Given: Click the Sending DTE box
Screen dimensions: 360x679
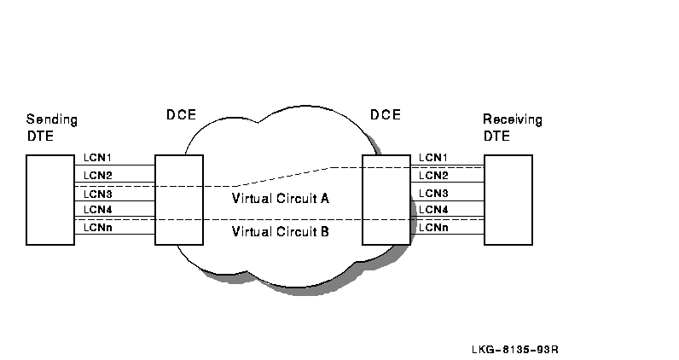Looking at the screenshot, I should point(50,200).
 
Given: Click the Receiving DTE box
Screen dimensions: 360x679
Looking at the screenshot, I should point(508,200).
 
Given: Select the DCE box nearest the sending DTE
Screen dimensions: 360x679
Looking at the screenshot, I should point(179,200).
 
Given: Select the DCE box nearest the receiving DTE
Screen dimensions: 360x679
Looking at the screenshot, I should point(386,200).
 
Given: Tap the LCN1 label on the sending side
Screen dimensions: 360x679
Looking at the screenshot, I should point(98,158).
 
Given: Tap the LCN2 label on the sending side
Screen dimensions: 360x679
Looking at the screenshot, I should point(98,175).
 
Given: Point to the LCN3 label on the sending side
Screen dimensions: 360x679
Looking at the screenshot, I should point(98,193).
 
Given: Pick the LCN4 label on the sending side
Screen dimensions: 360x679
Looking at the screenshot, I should point(98,210).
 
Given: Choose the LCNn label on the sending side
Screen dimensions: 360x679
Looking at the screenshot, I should point(98,227).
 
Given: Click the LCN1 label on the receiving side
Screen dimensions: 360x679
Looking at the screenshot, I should point(433,158).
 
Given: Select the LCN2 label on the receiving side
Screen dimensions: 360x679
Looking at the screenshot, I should point(433,175).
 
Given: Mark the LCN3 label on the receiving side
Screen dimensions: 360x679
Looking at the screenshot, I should point(433,193).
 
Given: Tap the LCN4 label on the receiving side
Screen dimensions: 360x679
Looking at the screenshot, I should point(433,210).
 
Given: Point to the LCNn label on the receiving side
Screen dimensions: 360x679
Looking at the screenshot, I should point(433,227).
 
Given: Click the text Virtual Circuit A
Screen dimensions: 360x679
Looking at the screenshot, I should point(281,198).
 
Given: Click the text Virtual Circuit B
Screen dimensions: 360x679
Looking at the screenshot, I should point(281,231).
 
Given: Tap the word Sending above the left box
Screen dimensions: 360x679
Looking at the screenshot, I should point(51,119).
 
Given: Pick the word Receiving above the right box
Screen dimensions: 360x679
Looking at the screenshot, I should point(512,119).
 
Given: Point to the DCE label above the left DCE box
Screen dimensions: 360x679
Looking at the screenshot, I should point(181,115).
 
